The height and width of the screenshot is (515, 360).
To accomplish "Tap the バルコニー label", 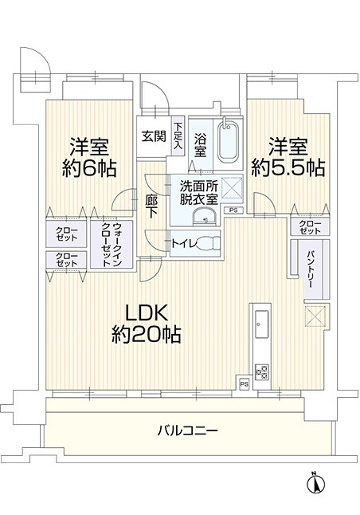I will coord(187,430).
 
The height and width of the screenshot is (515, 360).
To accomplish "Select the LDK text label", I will coord(145,311).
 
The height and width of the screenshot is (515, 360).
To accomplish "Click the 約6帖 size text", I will coord(88,168).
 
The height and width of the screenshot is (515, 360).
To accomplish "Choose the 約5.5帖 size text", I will coord(288,167).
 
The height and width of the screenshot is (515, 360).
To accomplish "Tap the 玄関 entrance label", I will coord(154,136).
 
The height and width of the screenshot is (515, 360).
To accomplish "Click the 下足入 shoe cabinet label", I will coord(178,136).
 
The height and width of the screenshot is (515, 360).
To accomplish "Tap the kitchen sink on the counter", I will coord(260,323).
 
